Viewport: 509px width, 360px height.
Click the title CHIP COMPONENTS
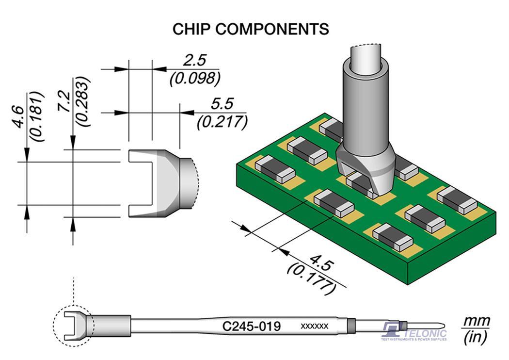tap(251, 29)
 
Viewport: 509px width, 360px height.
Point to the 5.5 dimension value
tap(222, 103)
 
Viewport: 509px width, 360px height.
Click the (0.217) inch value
tap(223, 121)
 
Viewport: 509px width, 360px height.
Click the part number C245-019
tap(251, 326)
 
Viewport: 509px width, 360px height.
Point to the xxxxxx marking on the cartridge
tap(315, 326)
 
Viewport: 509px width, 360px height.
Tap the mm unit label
tap(477, 321)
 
